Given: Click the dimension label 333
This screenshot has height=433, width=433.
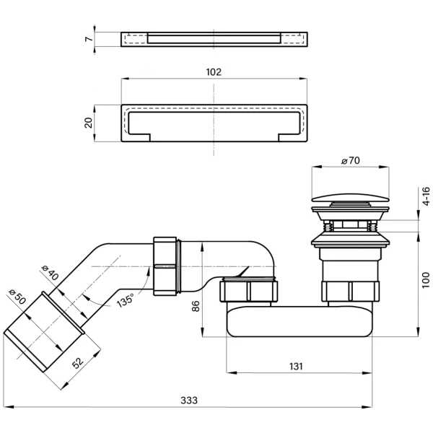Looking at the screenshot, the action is pyautogui.click(x=189, y=400).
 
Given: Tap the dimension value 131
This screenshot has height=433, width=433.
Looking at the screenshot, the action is pyautogui.click(x=296, y=366).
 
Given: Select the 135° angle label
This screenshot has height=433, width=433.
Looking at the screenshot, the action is pyautogui.click(x=126, y=300).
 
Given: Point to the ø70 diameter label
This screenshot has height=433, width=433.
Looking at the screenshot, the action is pyautogui.click(x=351, y=160).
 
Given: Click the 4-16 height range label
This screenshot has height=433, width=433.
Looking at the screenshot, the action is pyautogui.click(x=427, y=196).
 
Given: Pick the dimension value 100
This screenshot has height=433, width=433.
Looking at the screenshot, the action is pyautogui.click(x=426, y=280).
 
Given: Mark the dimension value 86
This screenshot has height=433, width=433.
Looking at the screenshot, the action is pyautogui.click(x=196, y=306).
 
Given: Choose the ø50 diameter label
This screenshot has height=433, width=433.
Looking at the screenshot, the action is pyautogui.click(x=17, y=297).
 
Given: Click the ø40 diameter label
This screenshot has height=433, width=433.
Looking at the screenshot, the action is pyautogui.click(x=50, y=272).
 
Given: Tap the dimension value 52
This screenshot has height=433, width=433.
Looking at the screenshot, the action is pyautogui.click(x=78, y=363).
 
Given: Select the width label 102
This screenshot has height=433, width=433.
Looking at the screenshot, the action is pyautogui.click(x=214, y=72).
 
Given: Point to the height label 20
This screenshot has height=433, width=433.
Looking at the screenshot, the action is pyautogui.click(x=88, y=123).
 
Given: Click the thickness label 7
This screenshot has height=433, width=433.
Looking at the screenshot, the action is pyautogui.click(x=89, y=39).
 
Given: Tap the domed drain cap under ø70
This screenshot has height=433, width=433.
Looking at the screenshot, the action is pyautogui.click(x=350, y=198).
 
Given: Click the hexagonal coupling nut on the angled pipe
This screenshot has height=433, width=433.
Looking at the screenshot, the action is pyautogui.click(x=165, y=266).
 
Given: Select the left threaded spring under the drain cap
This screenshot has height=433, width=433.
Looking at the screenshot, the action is pyautogui.click(x=328, y=226).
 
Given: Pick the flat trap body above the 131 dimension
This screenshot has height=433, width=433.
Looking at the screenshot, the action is pyautogui.click(x=299, y=321).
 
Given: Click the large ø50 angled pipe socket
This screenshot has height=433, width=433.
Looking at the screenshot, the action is pyautogui.click(x=43, y=332).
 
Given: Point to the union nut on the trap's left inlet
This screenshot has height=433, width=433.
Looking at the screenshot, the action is pyautogui.click(x=250, y=291).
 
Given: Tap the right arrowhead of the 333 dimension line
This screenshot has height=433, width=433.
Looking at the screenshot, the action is pyautogui.click(x=367, y=407).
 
